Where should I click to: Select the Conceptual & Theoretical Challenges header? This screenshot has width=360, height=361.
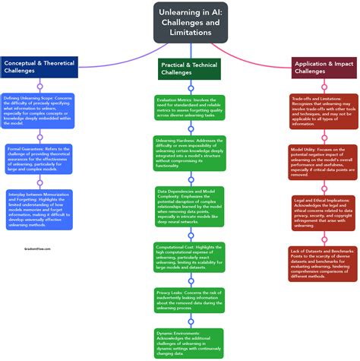click(x=39, y=67)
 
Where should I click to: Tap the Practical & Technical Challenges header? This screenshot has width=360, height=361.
click(x=189, y=68)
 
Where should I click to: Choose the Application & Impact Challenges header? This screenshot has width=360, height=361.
click(x=324, y=67)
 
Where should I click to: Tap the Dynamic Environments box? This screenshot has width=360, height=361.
click(x=191, y=342)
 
